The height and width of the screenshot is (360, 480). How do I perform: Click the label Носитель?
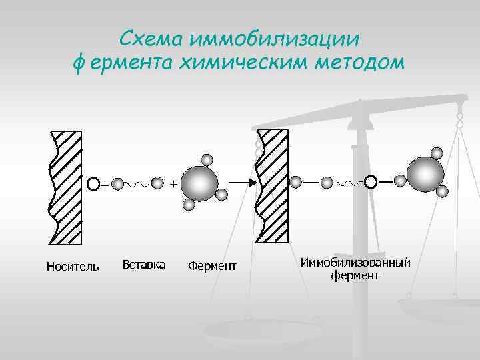(x=73, y=267)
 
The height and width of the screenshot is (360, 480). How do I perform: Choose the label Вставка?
(x=144, y=265)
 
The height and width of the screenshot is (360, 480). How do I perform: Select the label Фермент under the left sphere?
(x=212, y=267)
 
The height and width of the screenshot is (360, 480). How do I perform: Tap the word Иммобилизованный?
(x=355, y=262)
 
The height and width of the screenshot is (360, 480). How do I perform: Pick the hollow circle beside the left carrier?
(x=94, y=182)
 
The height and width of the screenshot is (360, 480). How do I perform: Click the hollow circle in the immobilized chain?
(x=370, y=181)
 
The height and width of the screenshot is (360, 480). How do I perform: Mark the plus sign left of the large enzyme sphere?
(x=173, y=182)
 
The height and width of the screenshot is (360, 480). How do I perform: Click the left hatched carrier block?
(x=66, y=186)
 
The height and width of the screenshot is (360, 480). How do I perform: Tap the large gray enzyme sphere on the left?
(x=199, y=182)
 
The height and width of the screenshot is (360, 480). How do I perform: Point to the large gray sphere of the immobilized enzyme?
(x=425, y=174)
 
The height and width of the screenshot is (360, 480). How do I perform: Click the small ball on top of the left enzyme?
(x=207, y=160)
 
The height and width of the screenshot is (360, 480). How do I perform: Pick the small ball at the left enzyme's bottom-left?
(x=189, y=205)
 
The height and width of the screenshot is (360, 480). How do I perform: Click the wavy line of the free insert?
(x=138, y=182)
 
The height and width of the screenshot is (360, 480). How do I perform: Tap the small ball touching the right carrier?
(x=296, y=181)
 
